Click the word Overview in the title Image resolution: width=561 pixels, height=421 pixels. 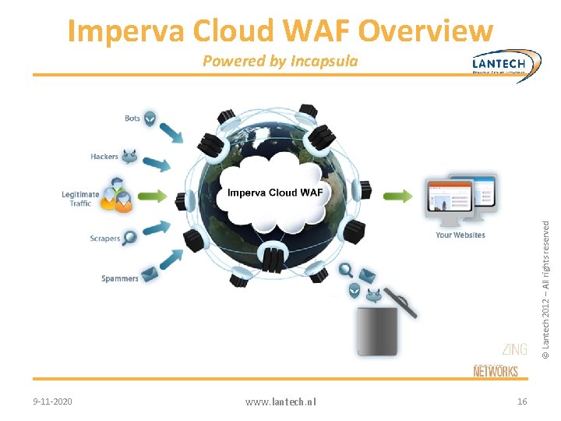(426, 31)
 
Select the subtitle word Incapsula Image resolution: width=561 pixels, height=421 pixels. (324, 61)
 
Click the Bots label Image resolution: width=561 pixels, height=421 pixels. (132, 119)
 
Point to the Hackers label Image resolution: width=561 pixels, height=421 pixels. (104, 157)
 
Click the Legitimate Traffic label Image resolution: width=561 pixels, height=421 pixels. (81, 199)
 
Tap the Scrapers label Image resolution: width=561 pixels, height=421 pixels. (104, 239)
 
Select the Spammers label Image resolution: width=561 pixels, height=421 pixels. (120, 278)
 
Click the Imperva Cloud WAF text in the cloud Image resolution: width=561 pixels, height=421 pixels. (274, 192)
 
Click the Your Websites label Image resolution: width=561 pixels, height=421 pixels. (460, 235)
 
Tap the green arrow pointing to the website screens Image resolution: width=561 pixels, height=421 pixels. (398, 196)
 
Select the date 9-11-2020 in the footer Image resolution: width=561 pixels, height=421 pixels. (53, 402)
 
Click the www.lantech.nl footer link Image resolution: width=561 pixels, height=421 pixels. (280, 402)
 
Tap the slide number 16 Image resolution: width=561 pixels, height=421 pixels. (522, 401)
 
